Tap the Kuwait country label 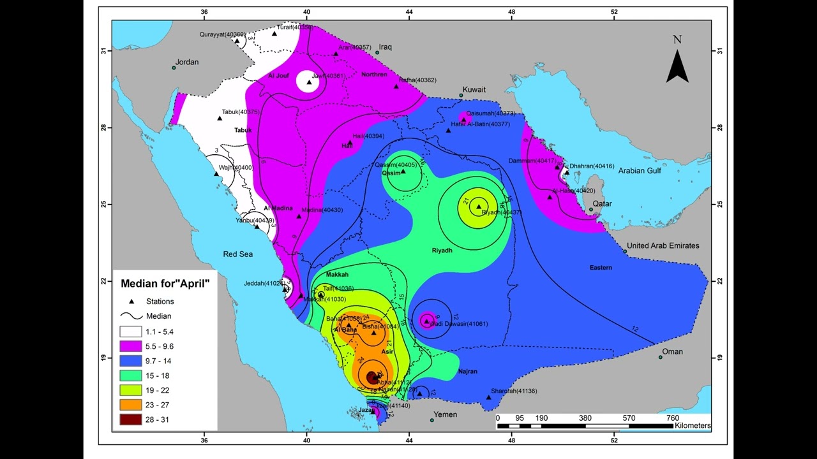[474, 90]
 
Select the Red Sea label [237, 254]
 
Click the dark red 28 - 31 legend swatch [131, 419]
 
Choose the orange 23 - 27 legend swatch [131, 405]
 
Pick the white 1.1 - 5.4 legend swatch [131, 331]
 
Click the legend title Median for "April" [165, 283]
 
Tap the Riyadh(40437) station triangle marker [479, 206]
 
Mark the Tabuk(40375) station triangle [220, 118]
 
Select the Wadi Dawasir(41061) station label [460, 324]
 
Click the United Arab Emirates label [663, 245]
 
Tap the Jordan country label [187, 62]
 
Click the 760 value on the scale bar [672, 418]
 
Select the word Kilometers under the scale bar [693, 426]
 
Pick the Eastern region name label [601, 268]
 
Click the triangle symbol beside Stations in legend [131, 302]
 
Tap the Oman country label [672, 352]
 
